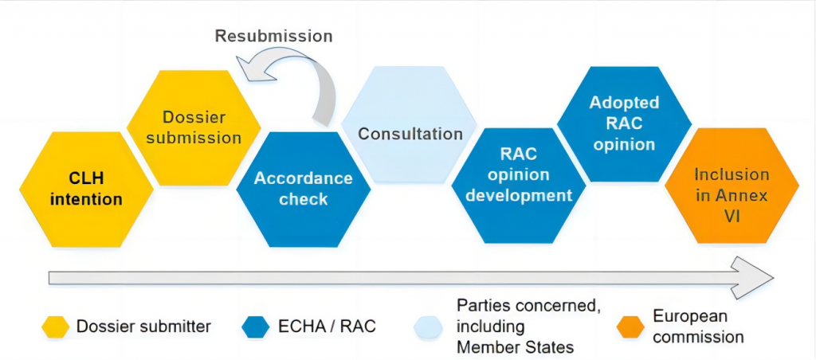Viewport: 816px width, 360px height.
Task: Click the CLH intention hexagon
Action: coord(86,190)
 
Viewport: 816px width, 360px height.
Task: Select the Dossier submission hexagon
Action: coord(194,128)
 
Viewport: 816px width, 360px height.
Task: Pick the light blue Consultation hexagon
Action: coord(409,124)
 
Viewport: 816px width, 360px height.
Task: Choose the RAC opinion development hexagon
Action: coord(518,186)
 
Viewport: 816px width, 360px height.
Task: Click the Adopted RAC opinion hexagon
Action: coord(625,124)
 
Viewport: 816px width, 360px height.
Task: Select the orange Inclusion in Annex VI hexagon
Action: coord(732,186)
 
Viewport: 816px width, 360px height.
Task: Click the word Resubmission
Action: coord(274,37)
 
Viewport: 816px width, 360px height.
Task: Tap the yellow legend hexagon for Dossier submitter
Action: coord(55,327)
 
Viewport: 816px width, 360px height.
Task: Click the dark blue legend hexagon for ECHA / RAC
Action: coord(256,327)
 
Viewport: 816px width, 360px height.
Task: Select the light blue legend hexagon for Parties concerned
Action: coord(428,327)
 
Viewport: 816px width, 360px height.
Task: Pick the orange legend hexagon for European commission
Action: coord(630,327)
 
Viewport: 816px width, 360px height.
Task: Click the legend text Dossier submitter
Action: coord(143,327)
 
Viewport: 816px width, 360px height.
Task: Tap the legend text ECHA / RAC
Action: coord(327,327)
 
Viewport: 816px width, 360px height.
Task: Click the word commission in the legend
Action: coord(698,337)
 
